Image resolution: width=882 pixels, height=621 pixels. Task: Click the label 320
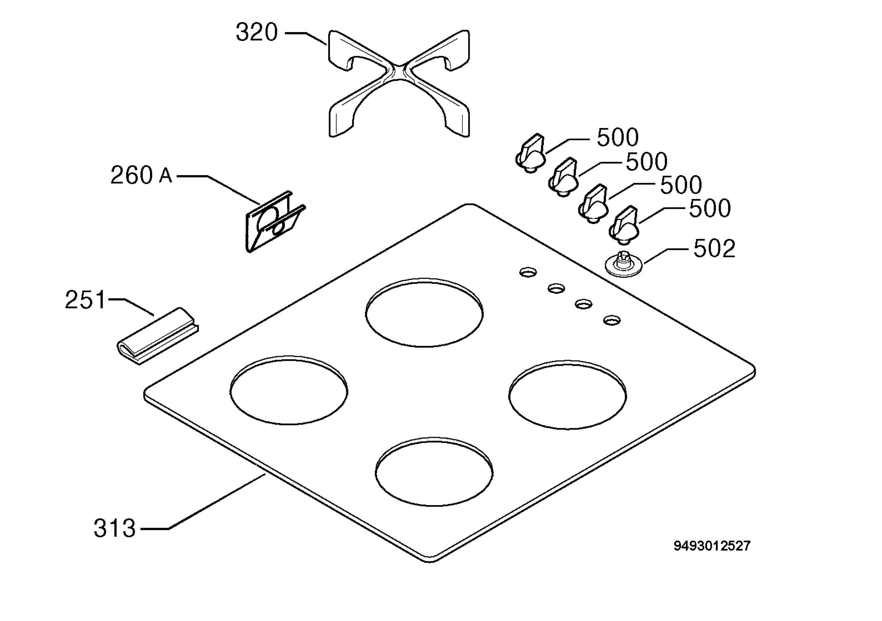pos(257,32)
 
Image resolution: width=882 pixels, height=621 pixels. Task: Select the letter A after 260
pos(166,176)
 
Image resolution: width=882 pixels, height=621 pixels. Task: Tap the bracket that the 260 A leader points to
pos(275,221)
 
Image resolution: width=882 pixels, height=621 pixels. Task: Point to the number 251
pos(85,300)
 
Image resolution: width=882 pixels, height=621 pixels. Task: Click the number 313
pos(114,528)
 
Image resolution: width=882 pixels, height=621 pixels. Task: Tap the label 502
pos(714,248)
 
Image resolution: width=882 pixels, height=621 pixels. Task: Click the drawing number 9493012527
pos(712,546)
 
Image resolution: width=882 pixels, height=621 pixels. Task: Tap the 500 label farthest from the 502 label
pos(617,137)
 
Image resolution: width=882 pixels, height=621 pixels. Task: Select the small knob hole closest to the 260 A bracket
pos(528,272)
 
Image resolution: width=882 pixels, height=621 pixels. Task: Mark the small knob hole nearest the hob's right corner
pos(612,320)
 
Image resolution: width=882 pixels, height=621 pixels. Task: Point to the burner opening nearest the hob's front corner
pos(434,471)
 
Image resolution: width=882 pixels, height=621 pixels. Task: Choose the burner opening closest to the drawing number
pos(567,395)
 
